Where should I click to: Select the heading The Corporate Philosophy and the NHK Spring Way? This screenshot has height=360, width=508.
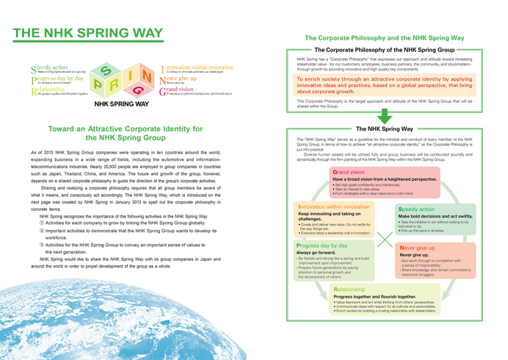(x=383, y=37)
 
